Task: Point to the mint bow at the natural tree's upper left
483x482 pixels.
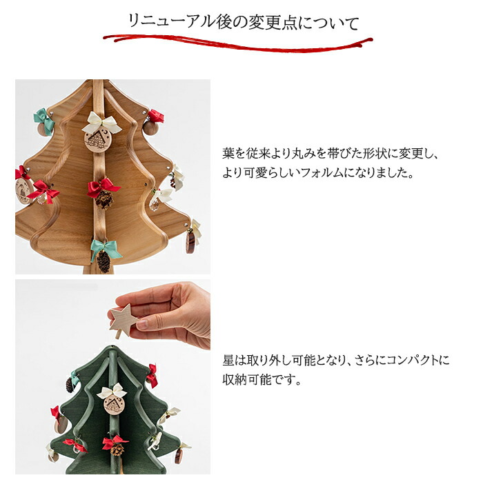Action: (x=43, y=117)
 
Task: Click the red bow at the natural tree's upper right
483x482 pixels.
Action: (x=156, y=116)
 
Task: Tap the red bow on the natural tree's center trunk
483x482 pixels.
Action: (x=103, y=185)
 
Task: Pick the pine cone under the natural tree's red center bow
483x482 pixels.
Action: (x=104, y=200)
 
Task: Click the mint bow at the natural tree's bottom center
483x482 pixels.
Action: (x=105, y=247)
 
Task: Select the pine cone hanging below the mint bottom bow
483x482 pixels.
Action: (x=103, y=261)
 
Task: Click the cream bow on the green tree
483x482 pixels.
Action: (x=112, y=392)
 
